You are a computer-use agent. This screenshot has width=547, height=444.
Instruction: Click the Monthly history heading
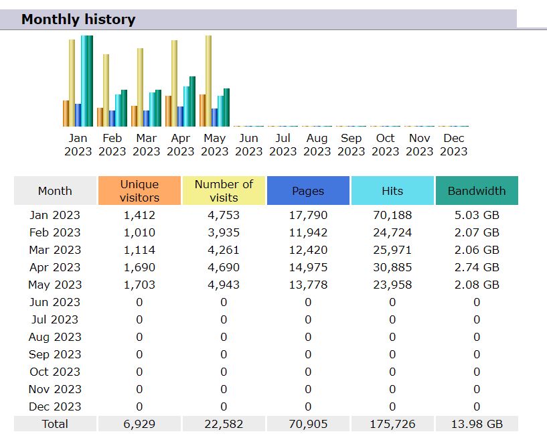point(78,19)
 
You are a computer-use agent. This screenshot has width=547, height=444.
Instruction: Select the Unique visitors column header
point(139,191)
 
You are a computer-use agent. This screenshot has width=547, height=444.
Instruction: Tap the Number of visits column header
point(224,191)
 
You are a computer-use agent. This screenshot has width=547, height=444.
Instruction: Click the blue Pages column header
point(308,191)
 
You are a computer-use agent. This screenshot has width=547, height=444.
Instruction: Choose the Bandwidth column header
point(477,191)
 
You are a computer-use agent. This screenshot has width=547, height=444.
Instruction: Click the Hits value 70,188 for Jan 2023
point(392,215)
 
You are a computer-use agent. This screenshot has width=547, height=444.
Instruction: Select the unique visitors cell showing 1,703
point(139,285)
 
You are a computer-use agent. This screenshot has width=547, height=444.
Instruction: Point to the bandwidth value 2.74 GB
point(477,267)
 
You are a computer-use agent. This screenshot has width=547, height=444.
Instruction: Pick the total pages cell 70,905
point(308,424)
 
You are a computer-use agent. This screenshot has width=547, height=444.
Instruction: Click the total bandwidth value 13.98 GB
point(477,424)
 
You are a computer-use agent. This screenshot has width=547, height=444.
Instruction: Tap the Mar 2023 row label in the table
point(55,250)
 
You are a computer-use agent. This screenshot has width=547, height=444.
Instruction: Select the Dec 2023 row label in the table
point(55,406)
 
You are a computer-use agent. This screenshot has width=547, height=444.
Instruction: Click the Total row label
point(55,424)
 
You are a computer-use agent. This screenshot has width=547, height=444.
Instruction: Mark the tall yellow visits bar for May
point(208,80)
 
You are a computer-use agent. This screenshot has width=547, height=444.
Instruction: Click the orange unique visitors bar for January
point(66,113)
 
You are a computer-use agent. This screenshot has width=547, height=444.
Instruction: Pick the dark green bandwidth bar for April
point(192,101)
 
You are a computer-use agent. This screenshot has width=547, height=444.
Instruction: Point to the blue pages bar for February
point(112,118)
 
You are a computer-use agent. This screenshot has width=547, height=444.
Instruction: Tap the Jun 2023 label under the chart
point(248,145)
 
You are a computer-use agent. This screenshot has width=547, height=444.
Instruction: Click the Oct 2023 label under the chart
point(385,145)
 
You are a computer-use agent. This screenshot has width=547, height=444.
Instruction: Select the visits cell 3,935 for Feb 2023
point(224,232)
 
